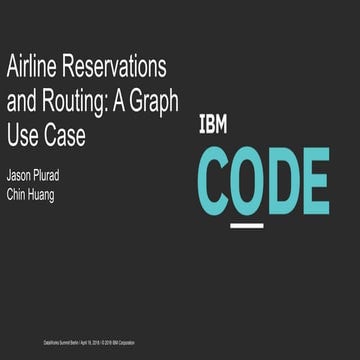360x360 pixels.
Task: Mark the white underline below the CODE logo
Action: [x=247, y=225]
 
